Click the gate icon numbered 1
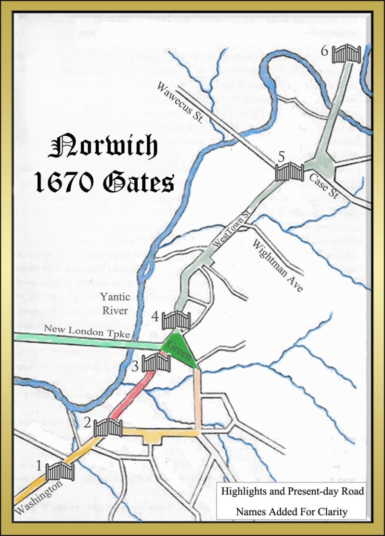60,471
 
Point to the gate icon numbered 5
289,171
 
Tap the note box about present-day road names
291,501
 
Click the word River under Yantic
115,311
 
